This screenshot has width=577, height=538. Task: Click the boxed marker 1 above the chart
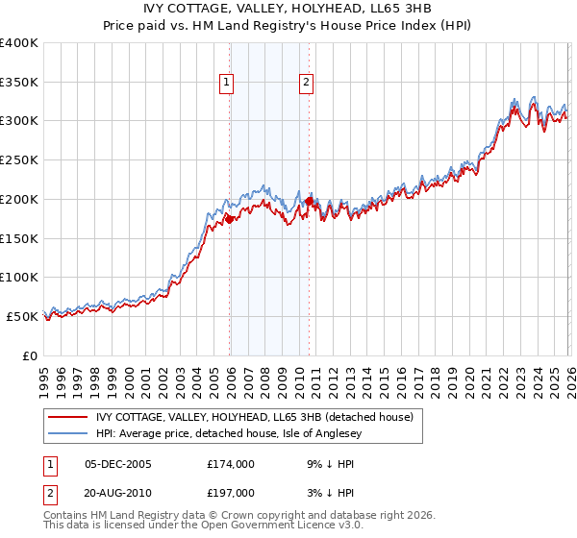click(227, 83)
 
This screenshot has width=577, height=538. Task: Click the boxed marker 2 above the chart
click(306, 83)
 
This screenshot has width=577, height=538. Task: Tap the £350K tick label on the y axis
click(19, 82)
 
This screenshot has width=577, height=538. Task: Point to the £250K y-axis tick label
click(19, 160)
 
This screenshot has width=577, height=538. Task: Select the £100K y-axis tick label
click(19, 278)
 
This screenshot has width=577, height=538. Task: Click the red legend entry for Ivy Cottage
click(255, 417)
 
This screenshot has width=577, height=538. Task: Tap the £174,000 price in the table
click(230, 464)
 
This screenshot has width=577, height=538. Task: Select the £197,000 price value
click(230, 495)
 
